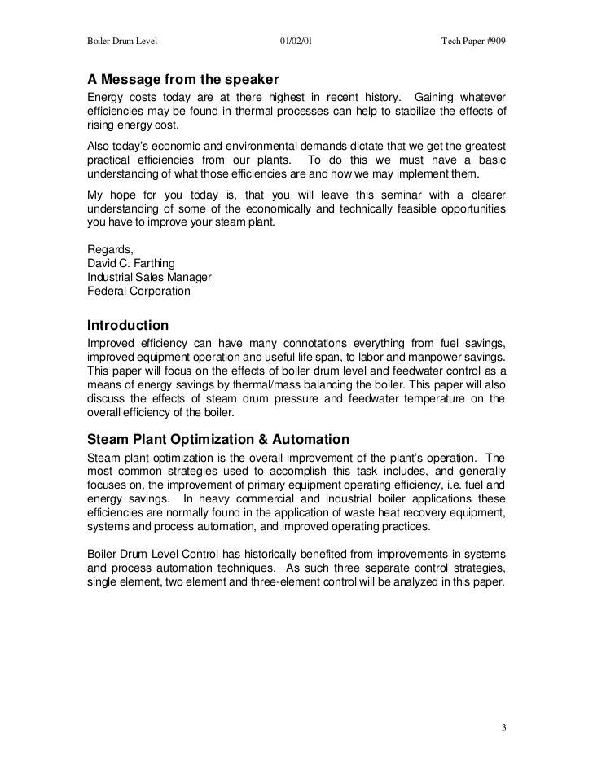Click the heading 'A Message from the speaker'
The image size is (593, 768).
pos(183,81)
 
